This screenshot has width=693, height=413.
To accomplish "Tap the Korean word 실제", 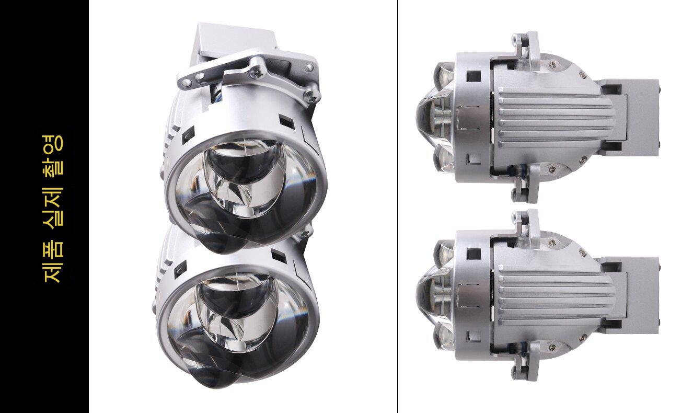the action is [53, 207].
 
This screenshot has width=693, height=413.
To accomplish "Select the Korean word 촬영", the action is [53, 154].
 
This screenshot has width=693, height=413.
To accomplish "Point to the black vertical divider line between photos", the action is [398, 206].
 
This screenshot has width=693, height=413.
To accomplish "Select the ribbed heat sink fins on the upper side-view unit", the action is [554, 119].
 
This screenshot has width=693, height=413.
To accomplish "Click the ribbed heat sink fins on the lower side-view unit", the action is [554, 297].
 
